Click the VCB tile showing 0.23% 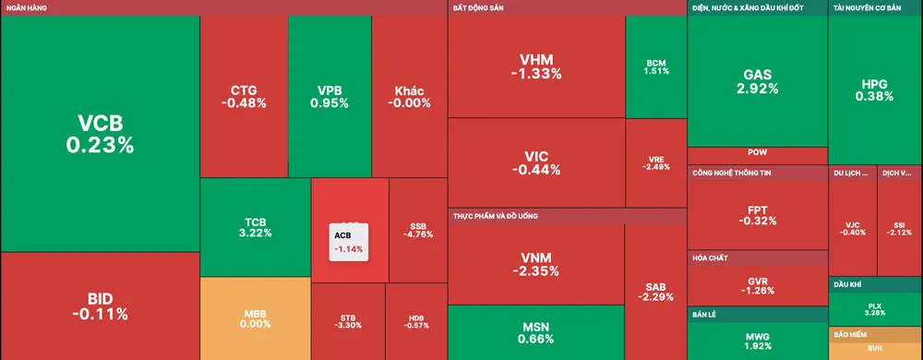click(100, 134)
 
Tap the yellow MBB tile click(255, 318)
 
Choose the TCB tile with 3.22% click(255, 227)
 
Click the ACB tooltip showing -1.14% click(349, 242)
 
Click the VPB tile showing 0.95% click(330, 96)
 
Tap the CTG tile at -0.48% click(244, 96)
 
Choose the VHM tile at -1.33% click(535, 66)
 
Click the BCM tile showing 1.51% click(655, 66)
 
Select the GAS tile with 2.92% click(757, 81)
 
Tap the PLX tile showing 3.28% click(875, 308)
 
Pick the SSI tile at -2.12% click(899, 227)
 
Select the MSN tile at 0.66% click(535, 332)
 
